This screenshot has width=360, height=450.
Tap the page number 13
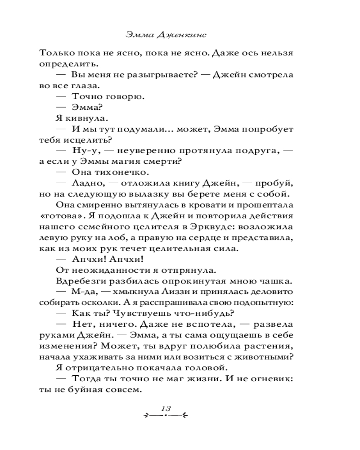point(164,408)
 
